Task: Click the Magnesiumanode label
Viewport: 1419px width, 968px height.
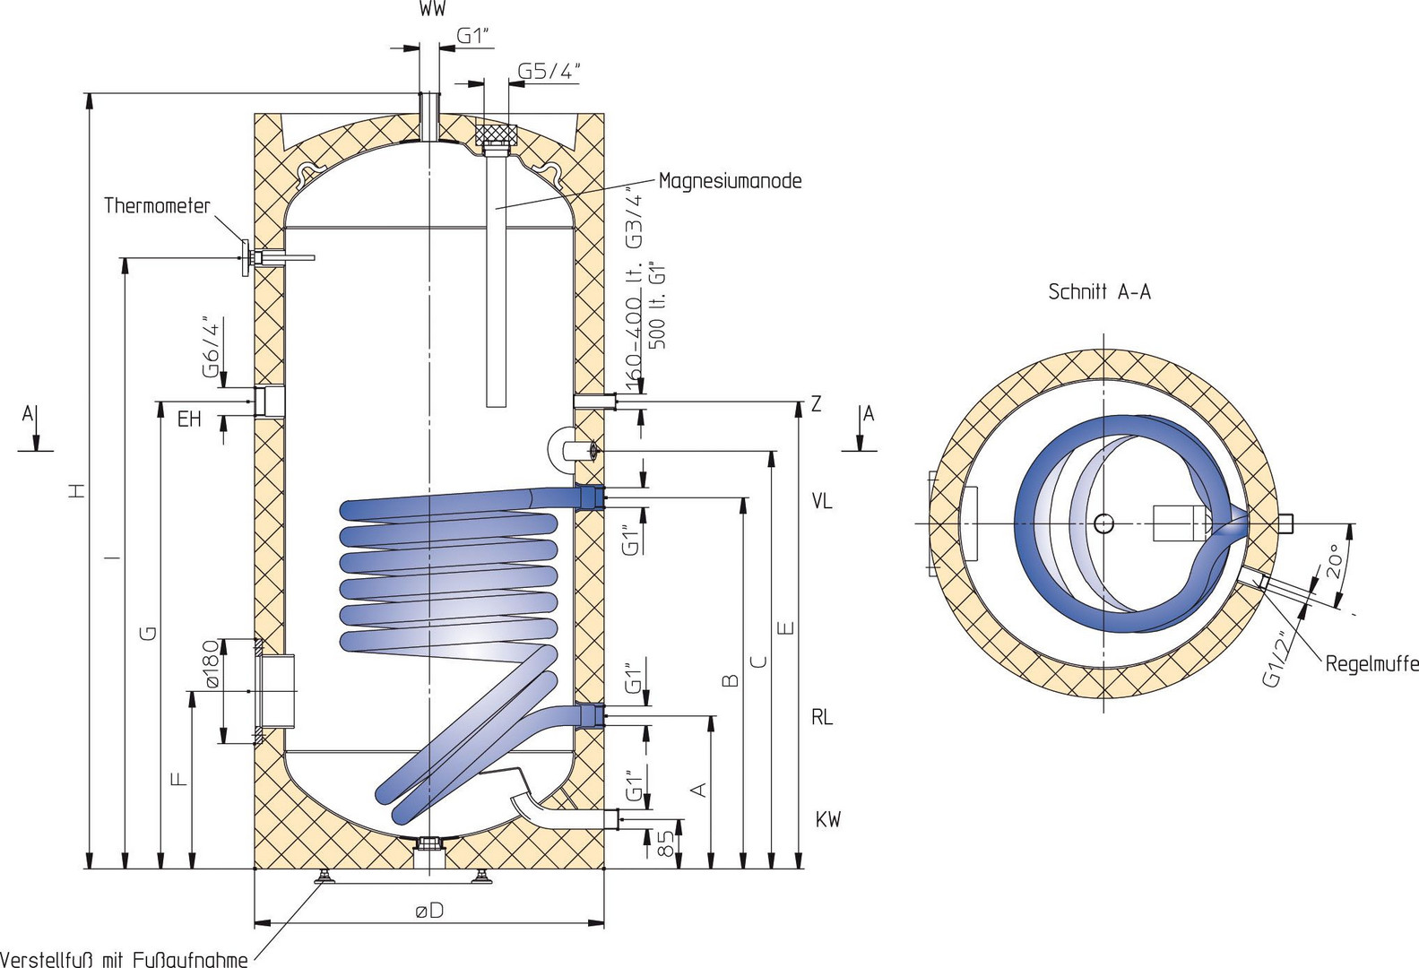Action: point(730,181)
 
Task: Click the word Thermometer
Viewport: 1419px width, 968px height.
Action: point(157,206)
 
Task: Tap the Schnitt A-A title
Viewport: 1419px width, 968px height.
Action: point(1099,291)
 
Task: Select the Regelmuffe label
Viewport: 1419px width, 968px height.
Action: point(1371,664)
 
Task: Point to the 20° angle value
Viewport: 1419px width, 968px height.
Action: point(1333,562)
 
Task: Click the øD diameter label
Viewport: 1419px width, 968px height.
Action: point(429,910)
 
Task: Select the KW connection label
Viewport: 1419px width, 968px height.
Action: point(827,819)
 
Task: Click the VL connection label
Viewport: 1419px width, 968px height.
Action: point(821,501)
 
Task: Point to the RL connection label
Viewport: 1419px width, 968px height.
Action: point(822,717)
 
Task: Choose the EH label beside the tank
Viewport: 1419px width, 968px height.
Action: point(189,419)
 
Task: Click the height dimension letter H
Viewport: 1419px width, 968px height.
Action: point(78,489)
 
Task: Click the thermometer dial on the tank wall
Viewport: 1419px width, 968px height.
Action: point(244,258)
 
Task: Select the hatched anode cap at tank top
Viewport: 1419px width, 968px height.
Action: point(496,136)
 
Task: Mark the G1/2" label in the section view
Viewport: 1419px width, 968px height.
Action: point(1280,659)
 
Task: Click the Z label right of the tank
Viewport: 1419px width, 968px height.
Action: point(816,404)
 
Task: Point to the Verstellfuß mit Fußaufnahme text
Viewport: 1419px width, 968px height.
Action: point(125,959)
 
